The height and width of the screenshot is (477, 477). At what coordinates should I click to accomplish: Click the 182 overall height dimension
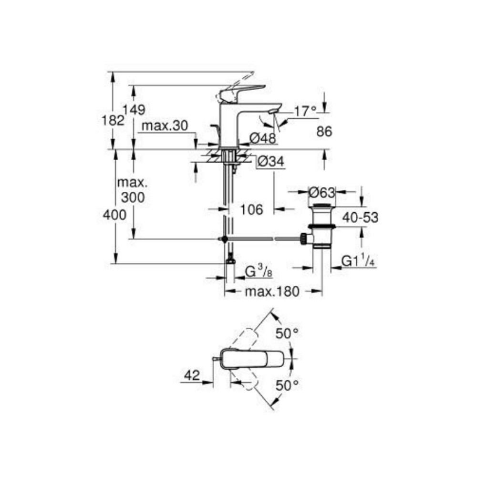coord(113,121)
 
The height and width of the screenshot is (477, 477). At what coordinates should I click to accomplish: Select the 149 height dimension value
coord(134,110)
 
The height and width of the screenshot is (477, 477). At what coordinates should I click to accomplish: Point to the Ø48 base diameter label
coord(263,138)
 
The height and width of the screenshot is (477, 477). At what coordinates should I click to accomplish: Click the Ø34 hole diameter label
coord(270,162)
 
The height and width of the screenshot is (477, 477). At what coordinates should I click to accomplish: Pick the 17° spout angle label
coord(305,112)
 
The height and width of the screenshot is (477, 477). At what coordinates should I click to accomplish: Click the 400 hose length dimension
coord(114,215)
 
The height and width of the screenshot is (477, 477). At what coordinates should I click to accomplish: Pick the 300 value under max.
coord(132,197)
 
